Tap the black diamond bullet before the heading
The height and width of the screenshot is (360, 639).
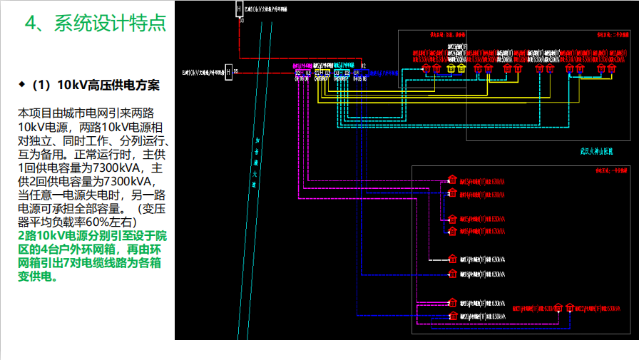pos(21,85)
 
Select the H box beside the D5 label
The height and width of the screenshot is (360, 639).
pos(229,73)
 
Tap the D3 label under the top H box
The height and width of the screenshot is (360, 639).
pos(242,21)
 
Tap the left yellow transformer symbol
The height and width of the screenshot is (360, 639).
pos(450,68)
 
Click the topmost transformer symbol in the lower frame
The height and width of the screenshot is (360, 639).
pos(451,180)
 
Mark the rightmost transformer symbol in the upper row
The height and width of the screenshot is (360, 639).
pos(601,68)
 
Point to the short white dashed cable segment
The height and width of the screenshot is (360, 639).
pos(437,259)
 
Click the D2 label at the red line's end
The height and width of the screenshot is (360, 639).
pos(363,66)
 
